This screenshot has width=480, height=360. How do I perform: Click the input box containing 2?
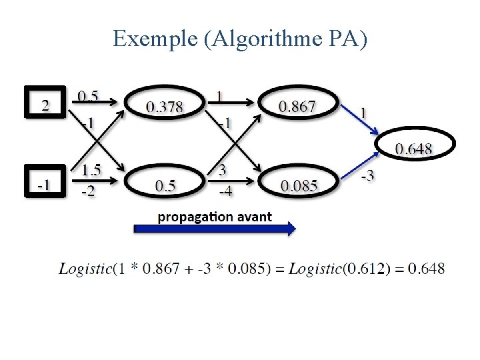tap(45, 103)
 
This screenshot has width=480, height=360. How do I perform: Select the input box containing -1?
tap(45, 183)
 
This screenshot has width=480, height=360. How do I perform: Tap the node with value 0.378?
tap(164, 105)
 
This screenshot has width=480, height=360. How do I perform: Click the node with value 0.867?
tap(297, 105)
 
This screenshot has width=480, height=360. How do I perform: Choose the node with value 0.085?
tap(299, 185)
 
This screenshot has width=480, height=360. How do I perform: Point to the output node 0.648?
tap(415, 147)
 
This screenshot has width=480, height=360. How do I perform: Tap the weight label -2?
tap(87, 192)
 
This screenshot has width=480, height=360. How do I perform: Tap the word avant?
tap(253, 217)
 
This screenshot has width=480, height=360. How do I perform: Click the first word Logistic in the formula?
tap(85, 269)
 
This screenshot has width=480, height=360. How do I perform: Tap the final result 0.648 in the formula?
tap(426, 269)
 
